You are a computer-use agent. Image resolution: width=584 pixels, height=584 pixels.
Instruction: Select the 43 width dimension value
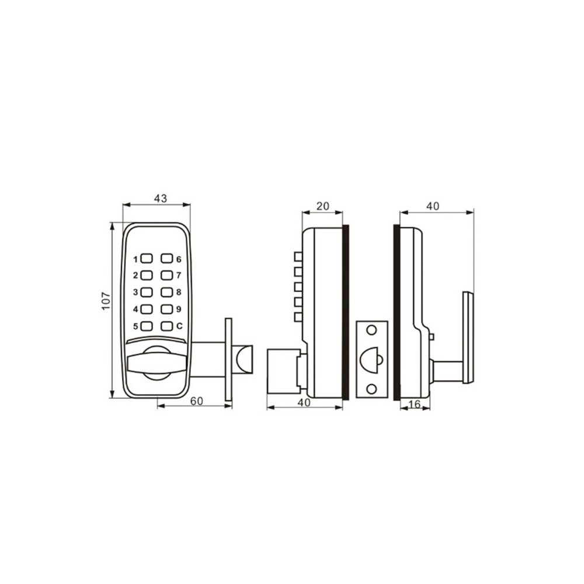(161, 199)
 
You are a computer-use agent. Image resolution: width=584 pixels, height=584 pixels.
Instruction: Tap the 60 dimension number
(197, 401)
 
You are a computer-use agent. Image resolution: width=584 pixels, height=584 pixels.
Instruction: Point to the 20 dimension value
(322, 206)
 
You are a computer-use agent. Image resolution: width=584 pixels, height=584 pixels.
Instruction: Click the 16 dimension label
(414, 404)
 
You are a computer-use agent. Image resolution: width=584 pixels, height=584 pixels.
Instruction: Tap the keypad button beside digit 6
(166, 258)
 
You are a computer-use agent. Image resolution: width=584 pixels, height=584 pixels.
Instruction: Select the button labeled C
(166, 326)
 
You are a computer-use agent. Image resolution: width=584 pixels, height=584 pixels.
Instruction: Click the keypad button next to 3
(147, 292)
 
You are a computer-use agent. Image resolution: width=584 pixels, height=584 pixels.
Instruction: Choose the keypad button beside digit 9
(166, 309)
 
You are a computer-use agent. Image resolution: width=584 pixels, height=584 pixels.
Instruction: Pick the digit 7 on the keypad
(179, 275)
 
